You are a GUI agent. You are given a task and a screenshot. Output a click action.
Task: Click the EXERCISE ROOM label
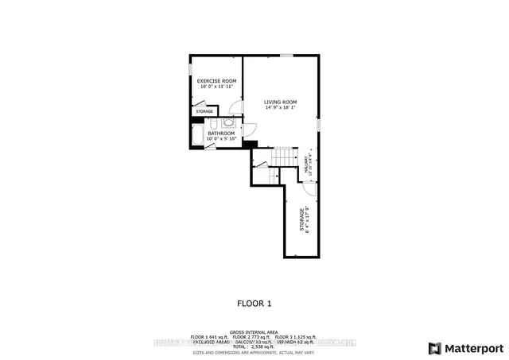coord(216,81)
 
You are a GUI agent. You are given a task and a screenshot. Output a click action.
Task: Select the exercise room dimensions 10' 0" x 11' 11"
coord(216,87)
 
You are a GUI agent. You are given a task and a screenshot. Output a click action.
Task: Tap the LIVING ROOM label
coord(281,102)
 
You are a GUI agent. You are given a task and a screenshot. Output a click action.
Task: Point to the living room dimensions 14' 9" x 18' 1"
coord(281,107)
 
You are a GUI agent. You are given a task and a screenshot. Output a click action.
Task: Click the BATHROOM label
coord(221,134)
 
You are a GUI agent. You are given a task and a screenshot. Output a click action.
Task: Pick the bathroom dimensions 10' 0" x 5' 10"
coord(221,139)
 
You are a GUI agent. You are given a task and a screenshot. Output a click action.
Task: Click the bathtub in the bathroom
coord(196,136)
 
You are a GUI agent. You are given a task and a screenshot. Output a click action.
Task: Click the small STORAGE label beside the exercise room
coord(204,111)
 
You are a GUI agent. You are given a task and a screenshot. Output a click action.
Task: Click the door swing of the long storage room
coord(309,189)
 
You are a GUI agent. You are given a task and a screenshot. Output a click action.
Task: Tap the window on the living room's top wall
coord(286,55)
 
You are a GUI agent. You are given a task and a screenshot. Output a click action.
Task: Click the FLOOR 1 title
coord(254,303)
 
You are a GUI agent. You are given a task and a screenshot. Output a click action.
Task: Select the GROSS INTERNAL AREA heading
coord(254,331)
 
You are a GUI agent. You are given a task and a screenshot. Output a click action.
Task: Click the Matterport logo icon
coord(433,348)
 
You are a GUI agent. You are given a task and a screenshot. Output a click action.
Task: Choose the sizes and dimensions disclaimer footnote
coord(254,354)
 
